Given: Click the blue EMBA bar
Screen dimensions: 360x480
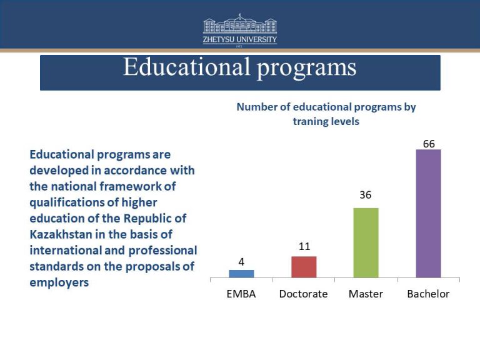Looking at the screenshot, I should click(x=241, y=274).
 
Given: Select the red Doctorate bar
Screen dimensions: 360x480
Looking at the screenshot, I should click(x=304, y=267).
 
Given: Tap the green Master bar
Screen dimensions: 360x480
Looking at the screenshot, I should click(x=366, y=242).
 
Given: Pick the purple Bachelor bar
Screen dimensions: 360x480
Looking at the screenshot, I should click(x=428, y=214).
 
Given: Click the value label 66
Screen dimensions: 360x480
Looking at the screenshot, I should click(x=429, y=144).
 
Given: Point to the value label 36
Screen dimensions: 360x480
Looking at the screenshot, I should click(x=366, y=195).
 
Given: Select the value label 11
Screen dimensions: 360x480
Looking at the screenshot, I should click(x=304, y=246).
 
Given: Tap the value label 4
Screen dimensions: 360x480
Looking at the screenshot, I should click(x=241, y=261).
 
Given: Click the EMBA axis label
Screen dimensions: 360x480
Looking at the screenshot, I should click(x=241, y=294).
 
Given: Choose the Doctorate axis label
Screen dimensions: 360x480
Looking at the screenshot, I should click(x=304, y=294).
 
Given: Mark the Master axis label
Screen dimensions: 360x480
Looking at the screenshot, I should click(x=366, y=294).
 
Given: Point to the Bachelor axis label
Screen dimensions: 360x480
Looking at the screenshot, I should click(x=428, y=294).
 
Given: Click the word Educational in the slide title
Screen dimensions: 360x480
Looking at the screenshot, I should click(x=185, y=67).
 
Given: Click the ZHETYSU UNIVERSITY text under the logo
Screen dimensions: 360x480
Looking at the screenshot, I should click(x=240, y=39).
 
